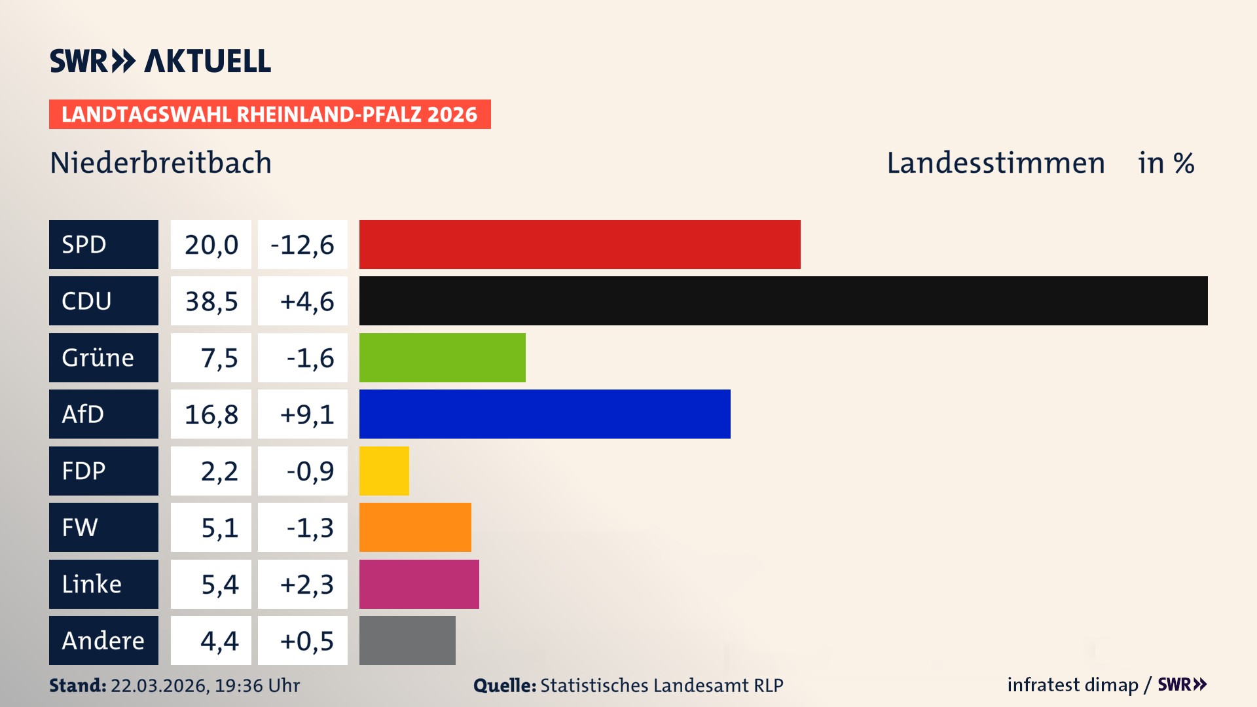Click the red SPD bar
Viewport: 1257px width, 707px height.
(x=579, y=244)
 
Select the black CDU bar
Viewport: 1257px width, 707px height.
(x=783, y=300)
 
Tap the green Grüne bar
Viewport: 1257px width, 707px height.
(x=442, y=357)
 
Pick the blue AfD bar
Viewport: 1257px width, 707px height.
(x=545, y=414)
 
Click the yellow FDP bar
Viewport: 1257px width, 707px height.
(x=384, y=471)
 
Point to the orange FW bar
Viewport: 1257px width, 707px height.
(x=415, y=527)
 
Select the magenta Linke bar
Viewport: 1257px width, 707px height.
(x=419, y=584)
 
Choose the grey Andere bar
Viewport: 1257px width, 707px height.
(x=407, y=640)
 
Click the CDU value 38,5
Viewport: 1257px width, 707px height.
(x=211, y=301)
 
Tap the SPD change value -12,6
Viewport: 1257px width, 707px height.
(x=302, y=245)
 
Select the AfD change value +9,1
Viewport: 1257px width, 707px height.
(x=306, y=414)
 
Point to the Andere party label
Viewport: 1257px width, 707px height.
(x=103, y=640)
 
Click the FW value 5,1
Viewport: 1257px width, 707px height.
(x=219, y=528)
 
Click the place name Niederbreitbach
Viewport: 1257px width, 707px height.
(x=160, y=162)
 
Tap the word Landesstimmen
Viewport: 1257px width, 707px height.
(x=995, y=163)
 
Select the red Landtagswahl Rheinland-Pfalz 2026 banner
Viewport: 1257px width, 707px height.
(x=270, y=115)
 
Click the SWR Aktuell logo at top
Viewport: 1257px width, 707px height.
(x=160, y=61)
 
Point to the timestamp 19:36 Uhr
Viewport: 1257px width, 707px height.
(x=257, y=685)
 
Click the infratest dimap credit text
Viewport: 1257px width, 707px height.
(x=1072, y=685)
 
